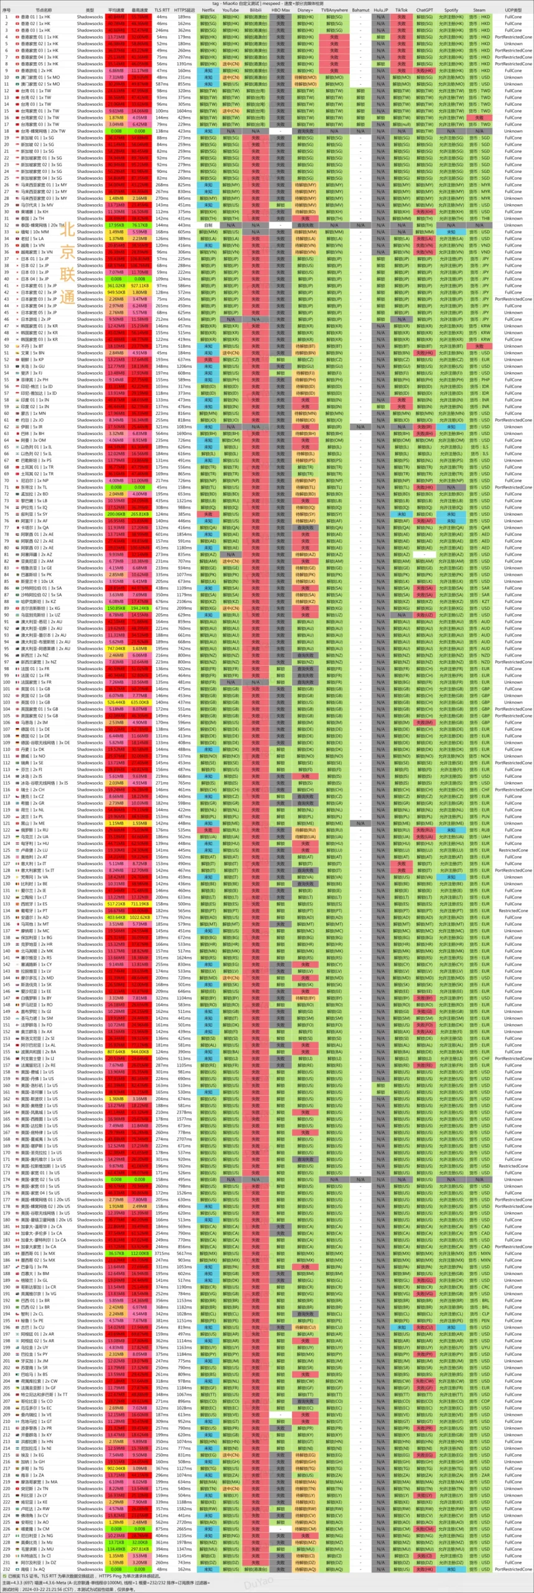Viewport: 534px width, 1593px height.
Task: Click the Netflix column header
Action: click(208, 10)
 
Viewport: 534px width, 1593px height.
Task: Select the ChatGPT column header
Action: click(424, 10)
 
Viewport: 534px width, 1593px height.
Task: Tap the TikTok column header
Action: click(401, 10)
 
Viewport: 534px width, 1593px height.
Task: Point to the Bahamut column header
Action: click(360, 10)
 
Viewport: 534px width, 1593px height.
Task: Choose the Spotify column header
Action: click(451, 10)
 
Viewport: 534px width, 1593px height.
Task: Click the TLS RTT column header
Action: click(162, 10)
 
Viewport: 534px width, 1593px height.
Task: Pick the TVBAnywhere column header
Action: click(334, 10)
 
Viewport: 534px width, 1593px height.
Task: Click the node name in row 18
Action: click(44, 131)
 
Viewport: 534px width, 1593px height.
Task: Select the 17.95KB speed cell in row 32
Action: click(116, 225)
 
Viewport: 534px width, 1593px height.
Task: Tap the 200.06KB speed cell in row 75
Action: click(116, 515)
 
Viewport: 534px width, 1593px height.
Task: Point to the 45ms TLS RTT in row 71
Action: click(162, 488)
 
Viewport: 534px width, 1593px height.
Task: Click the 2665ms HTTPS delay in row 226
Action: click(184, 1530)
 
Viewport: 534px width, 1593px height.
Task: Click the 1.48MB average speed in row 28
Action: click(116, 199)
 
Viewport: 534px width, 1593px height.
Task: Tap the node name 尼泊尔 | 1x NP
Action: click(44, 481)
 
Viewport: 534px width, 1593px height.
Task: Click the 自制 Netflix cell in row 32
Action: click(208, 225)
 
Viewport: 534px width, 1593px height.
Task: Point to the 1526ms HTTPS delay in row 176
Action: click(184, 1193)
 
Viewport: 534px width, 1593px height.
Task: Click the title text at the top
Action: click(268, 3)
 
